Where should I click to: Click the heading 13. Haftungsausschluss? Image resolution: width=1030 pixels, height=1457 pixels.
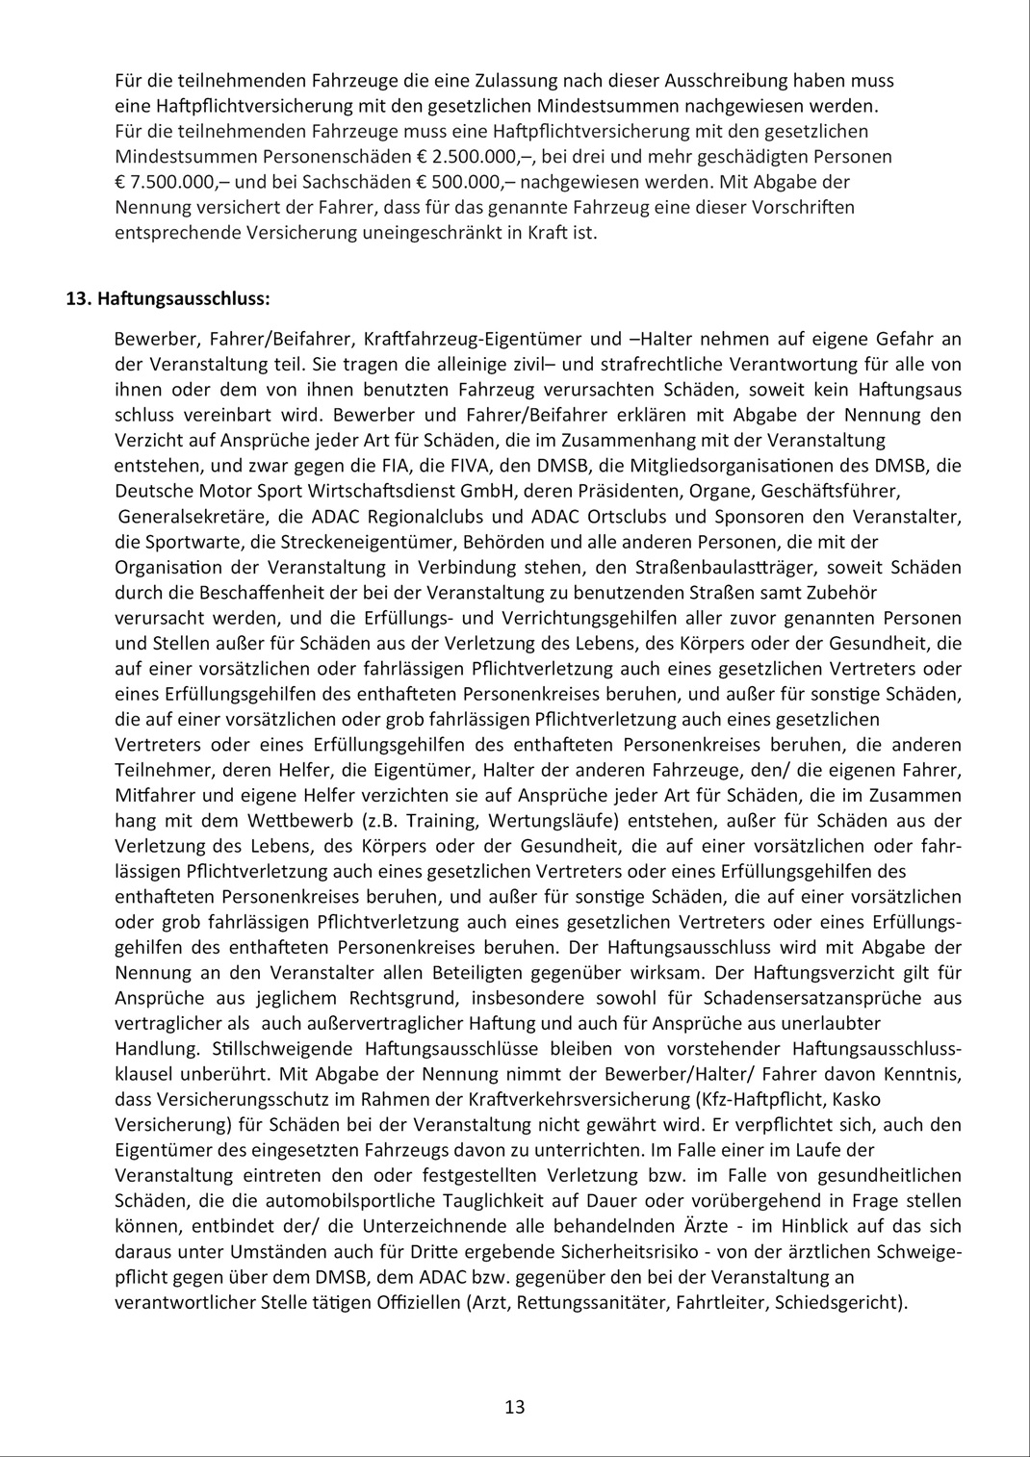167,298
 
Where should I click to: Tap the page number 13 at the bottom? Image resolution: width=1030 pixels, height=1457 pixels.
514,1407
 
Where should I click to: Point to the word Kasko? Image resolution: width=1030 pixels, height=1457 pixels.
857,1098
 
